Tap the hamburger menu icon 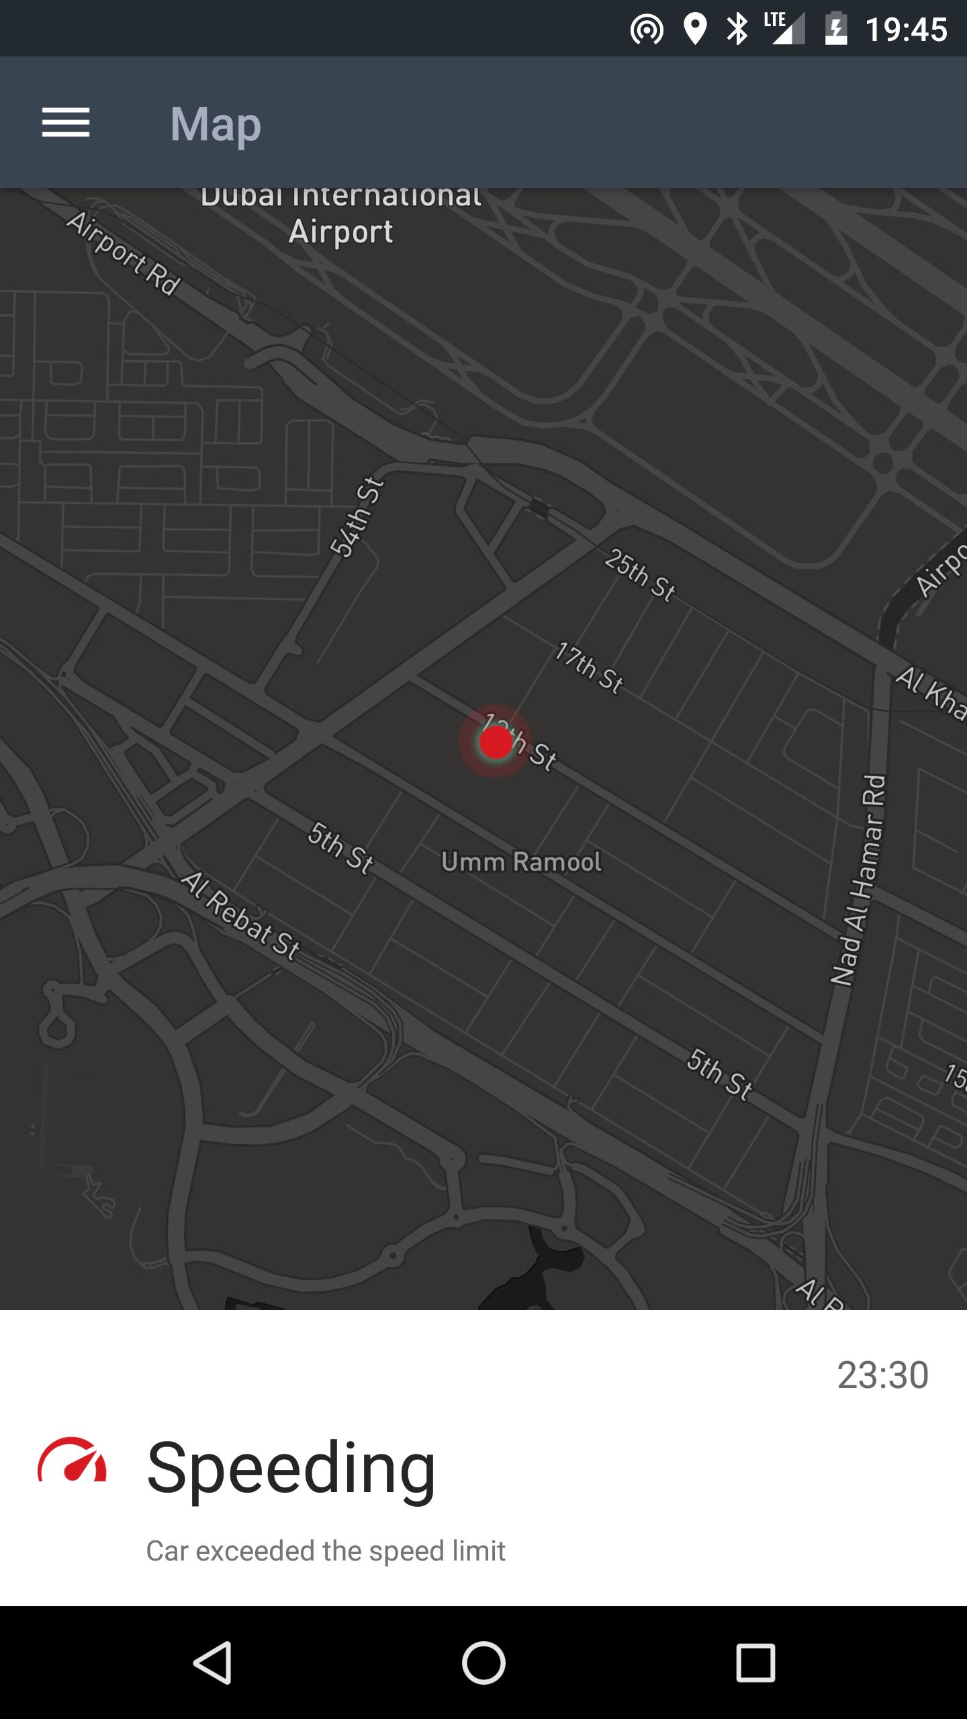(66, 123)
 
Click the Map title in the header (216, 124)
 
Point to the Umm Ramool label (521, 862)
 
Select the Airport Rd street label (124, 254)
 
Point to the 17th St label (590, 667)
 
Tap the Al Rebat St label (240, 916)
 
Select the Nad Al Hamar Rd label (859, 880)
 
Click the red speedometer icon (73, 1460)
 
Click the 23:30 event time (882, 1375)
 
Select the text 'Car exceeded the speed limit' (326, 1551)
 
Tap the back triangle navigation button (213, 1663)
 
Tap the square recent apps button (755, 1663)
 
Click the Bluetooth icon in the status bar (737, 30)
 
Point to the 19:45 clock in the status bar (906, 30)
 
